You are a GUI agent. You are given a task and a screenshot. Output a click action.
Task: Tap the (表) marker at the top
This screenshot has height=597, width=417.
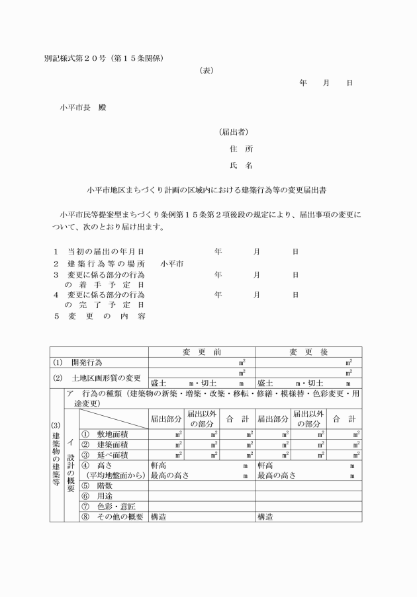[206, 69]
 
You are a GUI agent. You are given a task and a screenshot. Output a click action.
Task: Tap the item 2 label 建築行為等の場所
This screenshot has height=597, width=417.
[105, 263]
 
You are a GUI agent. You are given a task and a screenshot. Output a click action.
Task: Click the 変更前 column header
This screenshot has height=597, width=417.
[201, 352]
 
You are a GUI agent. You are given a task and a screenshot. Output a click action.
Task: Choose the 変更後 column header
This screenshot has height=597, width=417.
[308, 352]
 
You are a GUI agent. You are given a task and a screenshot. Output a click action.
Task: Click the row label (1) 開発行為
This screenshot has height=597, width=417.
[78, 362]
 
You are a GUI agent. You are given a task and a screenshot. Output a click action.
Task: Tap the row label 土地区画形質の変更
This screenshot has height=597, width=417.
[106, 378]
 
